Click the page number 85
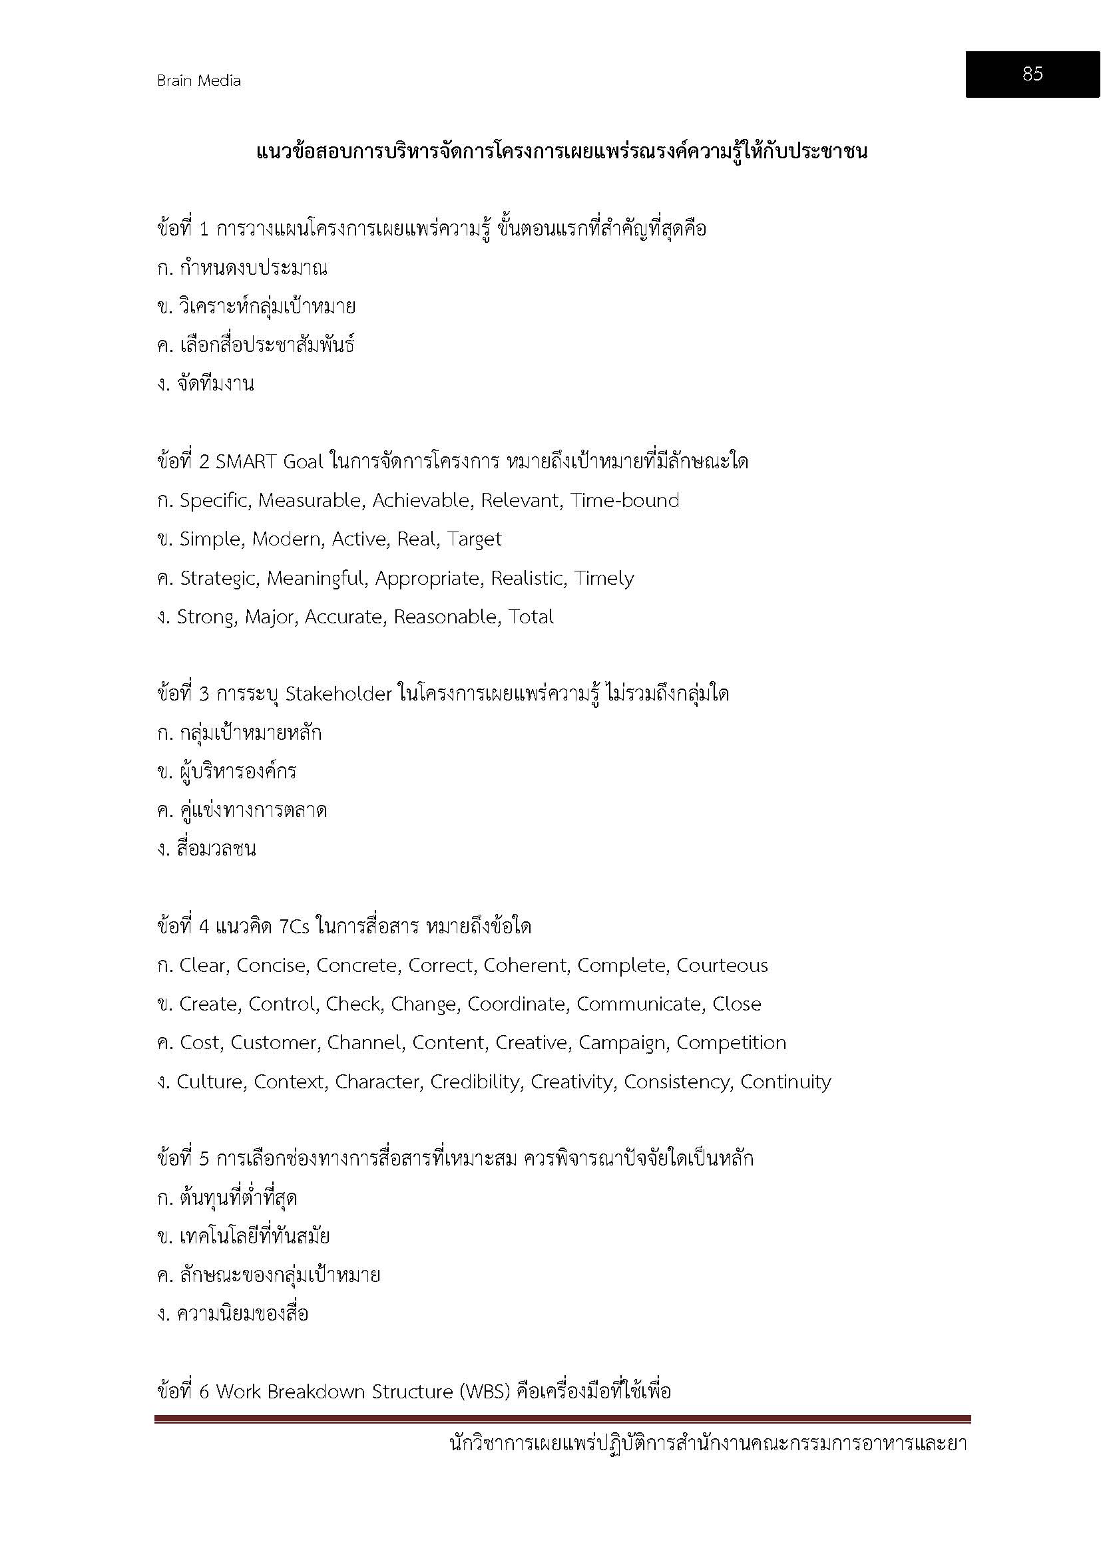(1032, 74)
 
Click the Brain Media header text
(198, 80)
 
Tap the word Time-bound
(624, 501)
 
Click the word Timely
(603, 579)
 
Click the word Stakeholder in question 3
(339, 695)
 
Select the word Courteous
(722, 966)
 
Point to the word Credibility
(476, 1082)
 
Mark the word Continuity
(785, 1082)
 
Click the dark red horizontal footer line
(562, 1419)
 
